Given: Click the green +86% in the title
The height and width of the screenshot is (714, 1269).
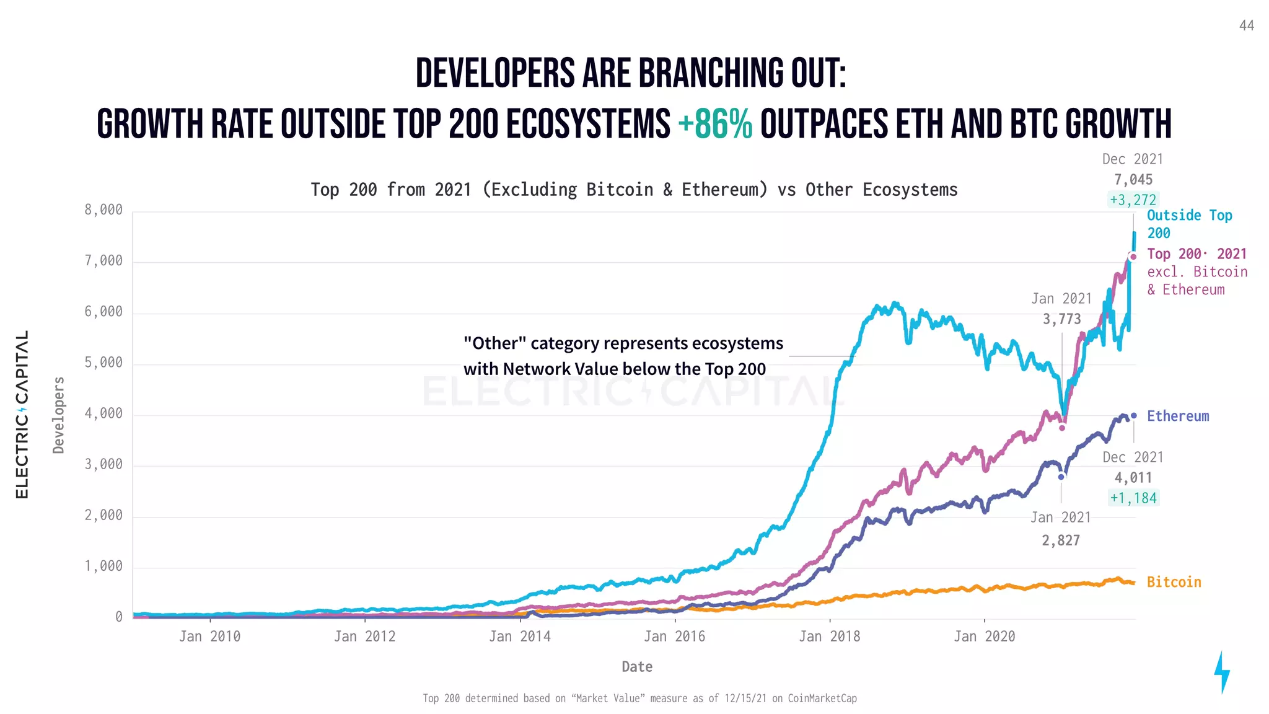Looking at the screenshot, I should (715, 124).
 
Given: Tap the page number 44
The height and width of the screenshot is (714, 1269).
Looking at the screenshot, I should (1246, 25).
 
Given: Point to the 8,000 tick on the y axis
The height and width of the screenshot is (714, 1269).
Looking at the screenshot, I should (103, 210).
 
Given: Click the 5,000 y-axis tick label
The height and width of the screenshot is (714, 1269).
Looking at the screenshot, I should (103, 363).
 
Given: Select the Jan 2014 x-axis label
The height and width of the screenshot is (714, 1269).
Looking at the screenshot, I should (519, 637).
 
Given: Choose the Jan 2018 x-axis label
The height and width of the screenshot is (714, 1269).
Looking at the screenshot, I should (829, 637).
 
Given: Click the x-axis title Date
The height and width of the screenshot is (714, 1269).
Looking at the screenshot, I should (636, 667).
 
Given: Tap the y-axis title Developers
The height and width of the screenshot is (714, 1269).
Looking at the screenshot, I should (58, 415).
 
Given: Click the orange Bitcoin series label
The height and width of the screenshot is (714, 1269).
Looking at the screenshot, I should (1174, 582).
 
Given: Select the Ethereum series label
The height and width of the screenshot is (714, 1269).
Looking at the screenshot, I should (1177, 416).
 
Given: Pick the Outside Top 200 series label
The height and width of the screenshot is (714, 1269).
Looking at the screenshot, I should (1188, 224).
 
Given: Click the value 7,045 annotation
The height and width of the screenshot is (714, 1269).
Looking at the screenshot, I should (1133, 180).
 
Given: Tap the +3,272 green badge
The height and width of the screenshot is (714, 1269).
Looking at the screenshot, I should (1133, 200).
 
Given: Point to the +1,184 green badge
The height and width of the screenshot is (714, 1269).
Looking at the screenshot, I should (1133, 498).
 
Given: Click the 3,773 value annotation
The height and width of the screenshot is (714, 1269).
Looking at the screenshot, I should (1061, 319).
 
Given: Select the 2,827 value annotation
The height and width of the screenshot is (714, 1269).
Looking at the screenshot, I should (1061, 540).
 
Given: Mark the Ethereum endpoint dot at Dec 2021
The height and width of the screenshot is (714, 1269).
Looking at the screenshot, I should (1134, 416).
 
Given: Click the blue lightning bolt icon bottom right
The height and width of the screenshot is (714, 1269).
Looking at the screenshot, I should (1221, 672).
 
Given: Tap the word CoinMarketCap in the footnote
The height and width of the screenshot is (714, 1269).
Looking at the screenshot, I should (822, 699).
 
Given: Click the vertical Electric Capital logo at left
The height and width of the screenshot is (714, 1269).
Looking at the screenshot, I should (22, 415).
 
